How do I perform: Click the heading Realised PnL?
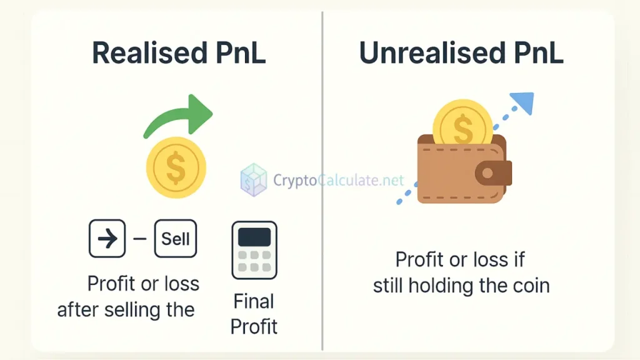tap(179, 53)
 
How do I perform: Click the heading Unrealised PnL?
tap(461, 53)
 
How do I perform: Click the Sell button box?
tap(176, 239)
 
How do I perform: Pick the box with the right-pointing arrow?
tap(107, 239)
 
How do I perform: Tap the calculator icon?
tap(254, 249)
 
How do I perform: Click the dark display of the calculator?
tap(254, 237)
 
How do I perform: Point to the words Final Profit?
tap(254, 314)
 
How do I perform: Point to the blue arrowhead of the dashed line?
tap(522, 103)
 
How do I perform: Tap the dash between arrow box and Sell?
tap(140, 239)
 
